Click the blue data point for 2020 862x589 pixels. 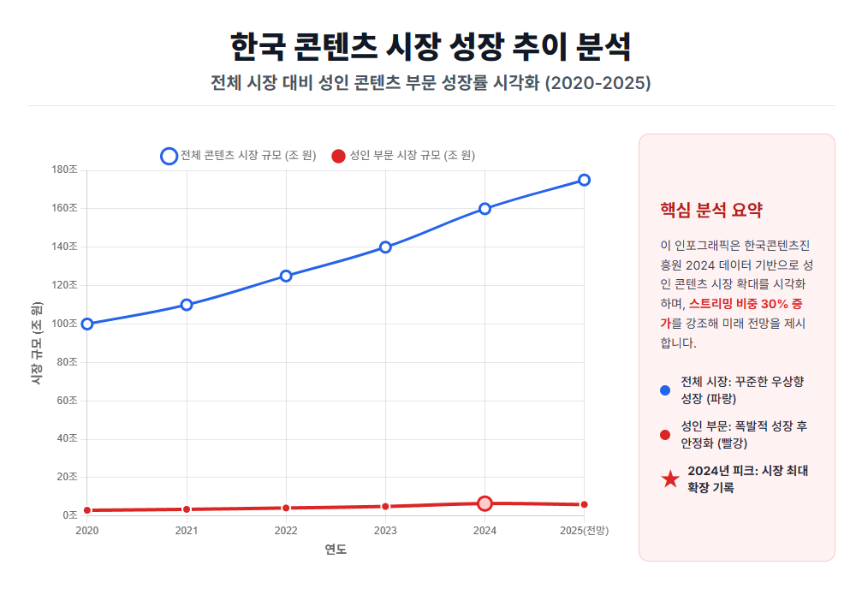pos(87,324)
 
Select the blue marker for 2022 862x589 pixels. pos(286,276)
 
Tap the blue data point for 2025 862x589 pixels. pos(584,180)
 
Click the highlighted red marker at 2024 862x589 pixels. pos(485,503)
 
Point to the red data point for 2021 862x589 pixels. pos(187,509)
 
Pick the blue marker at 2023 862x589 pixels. pos(385,247)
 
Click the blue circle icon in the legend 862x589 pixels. pos(169,156)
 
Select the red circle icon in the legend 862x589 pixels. pos(338,156)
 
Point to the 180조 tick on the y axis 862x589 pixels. pos(65,170)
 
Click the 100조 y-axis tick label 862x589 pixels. pos(65,324)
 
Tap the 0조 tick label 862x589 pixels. pos(70,515)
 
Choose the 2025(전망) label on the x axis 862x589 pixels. pos(584,531)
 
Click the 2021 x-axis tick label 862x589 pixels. pos(187,531)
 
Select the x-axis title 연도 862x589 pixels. pos(336,550)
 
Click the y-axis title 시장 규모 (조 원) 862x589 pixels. pos(37,342)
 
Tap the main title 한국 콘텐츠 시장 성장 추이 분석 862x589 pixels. pos(431,46)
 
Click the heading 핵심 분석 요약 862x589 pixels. pos(710,211)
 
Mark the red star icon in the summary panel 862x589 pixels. pos(670,480)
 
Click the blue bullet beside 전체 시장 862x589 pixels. pos(665,390)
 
